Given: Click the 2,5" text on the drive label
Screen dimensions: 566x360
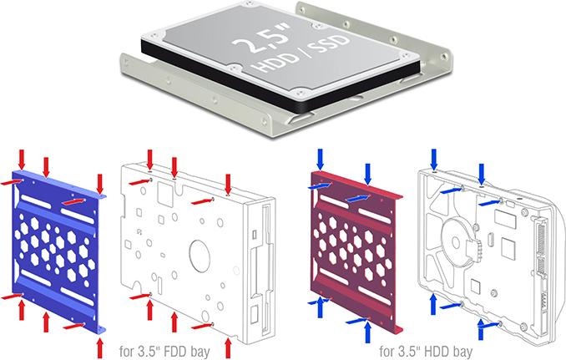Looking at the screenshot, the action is click(262, 40).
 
